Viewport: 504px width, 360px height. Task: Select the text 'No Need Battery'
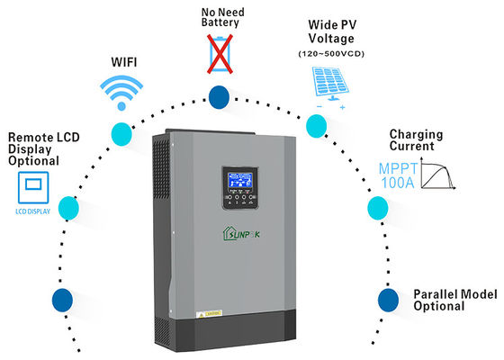[220, 16]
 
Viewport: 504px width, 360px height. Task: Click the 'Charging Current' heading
[418, 140]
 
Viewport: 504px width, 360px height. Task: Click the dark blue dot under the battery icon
[219, 96]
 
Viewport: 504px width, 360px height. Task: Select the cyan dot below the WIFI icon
[121, 133]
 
